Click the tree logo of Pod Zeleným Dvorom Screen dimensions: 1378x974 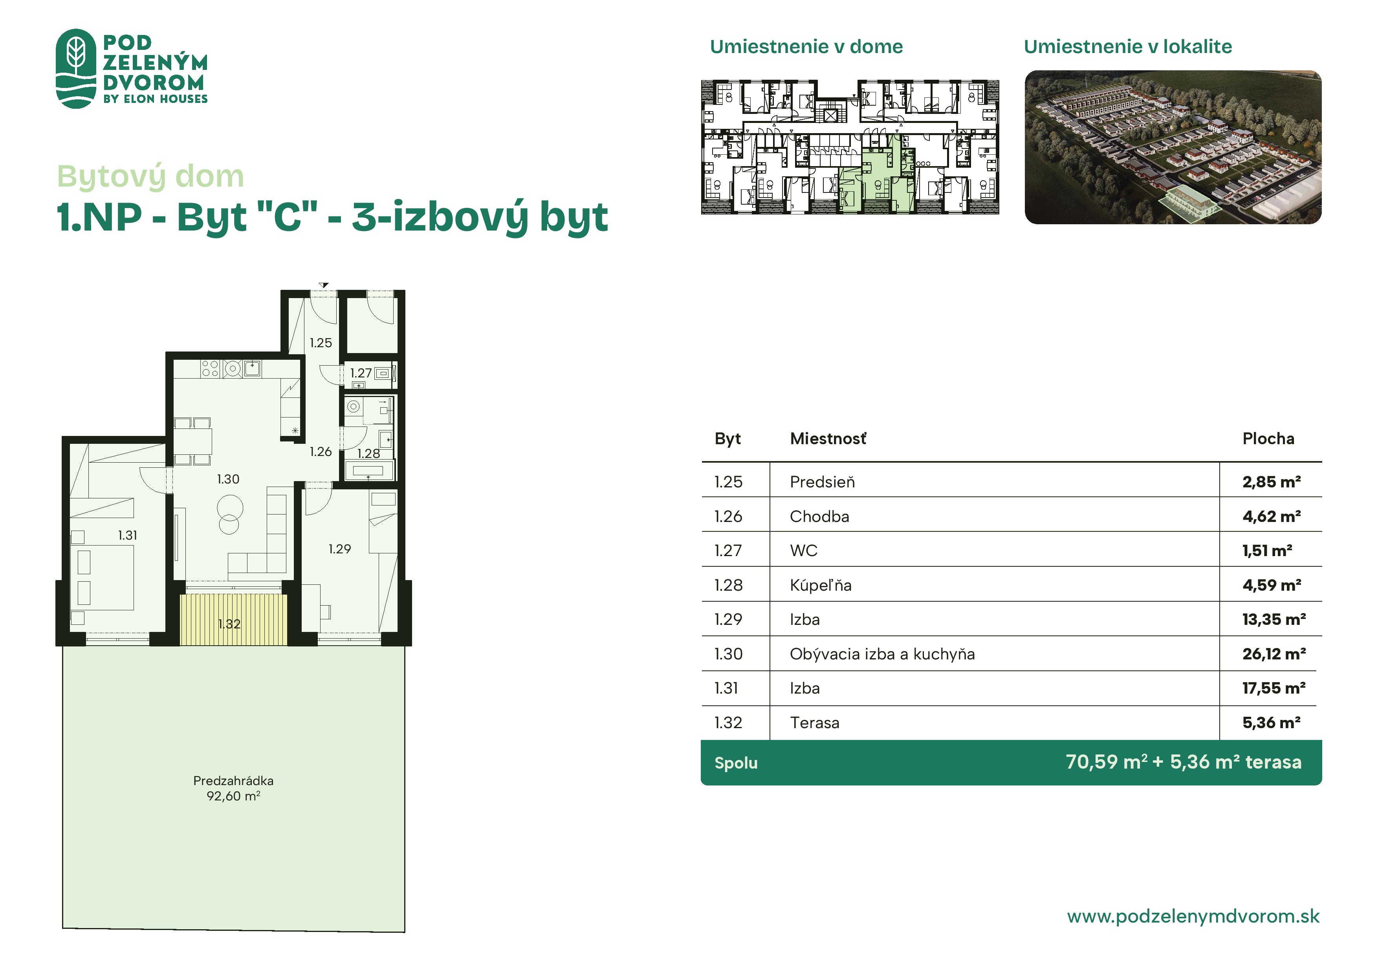(76, 68)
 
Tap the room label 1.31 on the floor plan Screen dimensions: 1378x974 (127, 535)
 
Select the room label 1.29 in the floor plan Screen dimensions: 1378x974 (340, 549)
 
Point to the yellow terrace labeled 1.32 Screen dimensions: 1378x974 (233, 620)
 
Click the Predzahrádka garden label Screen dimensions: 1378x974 (233, 781)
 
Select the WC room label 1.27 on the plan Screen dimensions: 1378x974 (361, 373)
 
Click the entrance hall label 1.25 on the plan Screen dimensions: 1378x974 (321, 343)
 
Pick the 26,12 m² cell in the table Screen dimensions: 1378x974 (1274, 654)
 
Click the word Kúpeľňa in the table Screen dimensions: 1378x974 (821, 585)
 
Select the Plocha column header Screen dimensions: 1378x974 (1268, 439)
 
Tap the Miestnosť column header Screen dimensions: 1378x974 (828, 439)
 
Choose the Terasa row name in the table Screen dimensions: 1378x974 (814, 723)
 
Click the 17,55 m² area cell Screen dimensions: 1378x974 (1274, 688)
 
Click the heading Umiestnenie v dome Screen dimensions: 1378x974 (806, 47)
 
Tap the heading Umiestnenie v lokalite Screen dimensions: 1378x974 (1128, 47)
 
